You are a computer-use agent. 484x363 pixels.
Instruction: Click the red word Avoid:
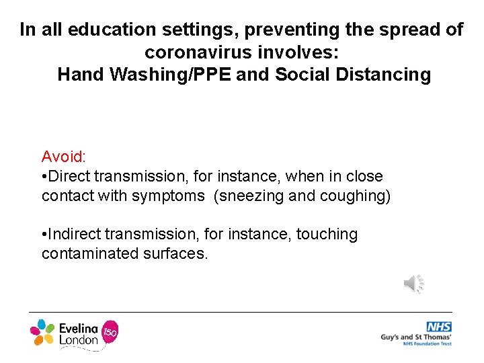pos(63,157)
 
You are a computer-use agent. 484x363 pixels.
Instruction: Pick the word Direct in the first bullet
pos(71,176)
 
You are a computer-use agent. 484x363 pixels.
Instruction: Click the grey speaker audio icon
pos(413,284)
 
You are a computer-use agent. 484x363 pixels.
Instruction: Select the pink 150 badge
pos(109,331)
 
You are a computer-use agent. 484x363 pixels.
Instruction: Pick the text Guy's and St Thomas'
pos(415,337)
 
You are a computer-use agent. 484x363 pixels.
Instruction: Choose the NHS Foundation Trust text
pos(427,344)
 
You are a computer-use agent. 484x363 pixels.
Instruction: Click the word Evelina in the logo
pos(79,327)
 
